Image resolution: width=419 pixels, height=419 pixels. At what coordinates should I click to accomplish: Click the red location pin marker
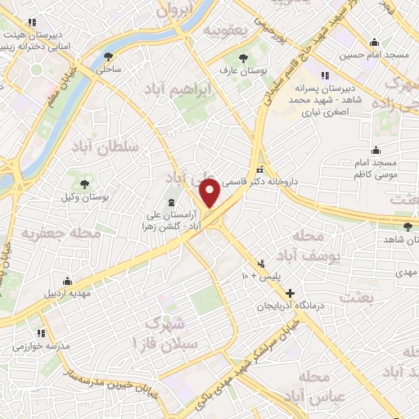click(x=210, y=192)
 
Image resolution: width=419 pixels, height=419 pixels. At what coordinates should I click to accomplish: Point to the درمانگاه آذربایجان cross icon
click(x=290, y=292)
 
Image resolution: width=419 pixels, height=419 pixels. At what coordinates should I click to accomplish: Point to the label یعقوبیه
click(x=223, y=30)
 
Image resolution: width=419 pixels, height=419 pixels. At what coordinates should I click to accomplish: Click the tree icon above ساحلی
click(x=109, y=56)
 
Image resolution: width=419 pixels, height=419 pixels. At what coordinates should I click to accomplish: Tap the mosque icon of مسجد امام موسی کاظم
click(x=375, y=151)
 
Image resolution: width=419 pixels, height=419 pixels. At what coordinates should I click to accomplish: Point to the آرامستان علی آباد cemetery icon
click(x=171, y=202)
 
